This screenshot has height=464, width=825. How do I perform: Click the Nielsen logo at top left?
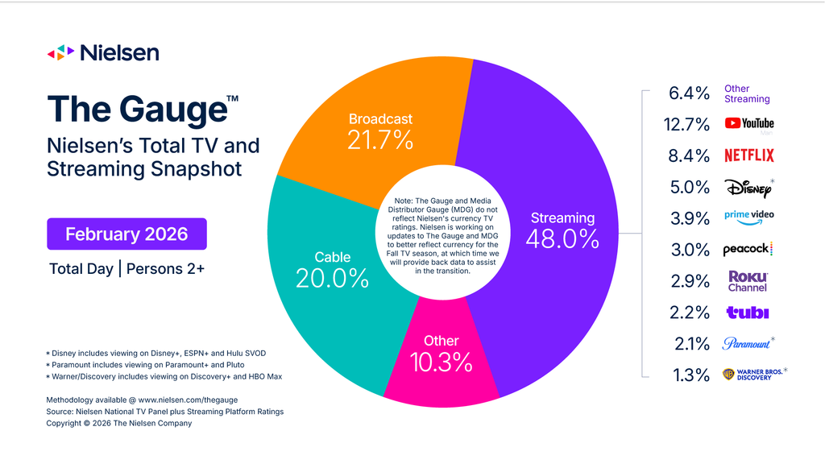point(103,52)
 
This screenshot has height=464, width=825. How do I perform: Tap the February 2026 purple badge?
point(126,234)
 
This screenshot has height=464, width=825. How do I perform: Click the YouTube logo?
point(748,123)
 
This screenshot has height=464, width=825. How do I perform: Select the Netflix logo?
point(748,155)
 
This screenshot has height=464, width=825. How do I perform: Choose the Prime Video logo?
point(748,217)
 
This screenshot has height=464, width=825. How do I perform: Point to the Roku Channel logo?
point(748,281)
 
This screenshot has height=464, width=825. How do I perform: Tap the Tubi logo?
point(748,313)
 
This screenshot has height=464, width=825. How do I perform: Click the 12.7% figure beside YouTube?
point(689,124)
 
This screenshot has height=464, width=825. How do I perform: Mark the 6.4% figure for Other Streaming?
point(689,93)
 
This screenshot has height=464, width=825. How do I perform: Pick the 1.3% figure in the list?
point(690,375)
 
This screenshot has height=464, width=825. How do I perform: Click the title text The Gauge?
point(135,110)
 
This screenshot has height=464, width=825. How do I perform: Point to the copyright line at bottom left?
point(119,423)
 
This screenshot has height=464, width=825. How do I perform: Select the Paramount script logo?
point(746,344)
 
